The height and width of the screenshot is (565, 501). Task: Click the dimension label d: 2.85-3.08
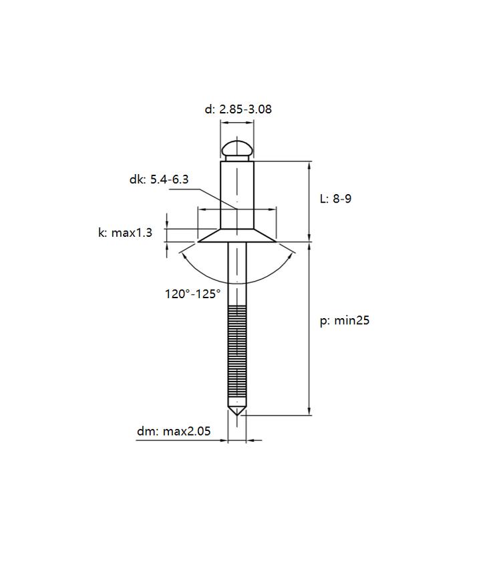point(238,109)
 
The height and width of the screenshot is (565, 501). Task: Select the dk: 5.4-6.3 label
point(159,179)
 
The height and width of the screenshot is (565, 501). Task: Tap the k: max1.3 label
point(126,232)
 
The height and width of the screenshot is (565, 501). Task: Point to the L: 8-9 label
point(336,199)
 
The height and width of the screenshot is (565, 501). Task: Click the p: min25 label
point(345,320)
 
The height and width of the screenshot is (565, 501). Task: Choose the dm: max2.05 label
point(174,431)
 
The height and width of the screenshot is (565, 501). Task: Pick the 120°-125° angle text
point(192,294)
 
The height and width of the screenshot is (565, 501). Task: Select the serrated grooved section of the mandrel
point(237,352)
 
